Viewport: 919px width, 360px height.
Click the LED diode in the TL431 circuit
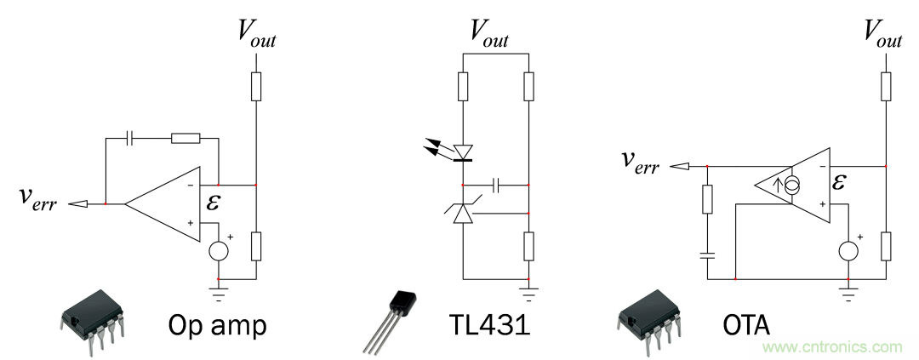click(x=463, y=153)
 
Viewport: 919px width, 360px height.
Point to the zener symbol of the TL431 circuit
click(x=463, y=213)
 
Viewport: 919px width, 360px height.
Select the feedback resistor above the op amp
click(x=185, y=136)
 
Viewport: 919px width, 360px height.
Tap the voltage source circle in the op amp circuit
click(x=219, y=250)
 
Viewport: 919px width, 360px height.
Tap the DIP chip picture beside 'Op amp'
click(x=88, y=319)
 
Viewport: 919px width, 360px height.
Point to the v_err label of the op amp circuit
click(x=37, y=200)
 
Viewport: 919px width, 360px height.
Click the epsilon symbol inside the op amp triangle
click(x=211, y=203)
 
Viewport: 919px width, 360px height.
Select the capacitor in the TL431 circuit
click(x=495, y=184)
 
